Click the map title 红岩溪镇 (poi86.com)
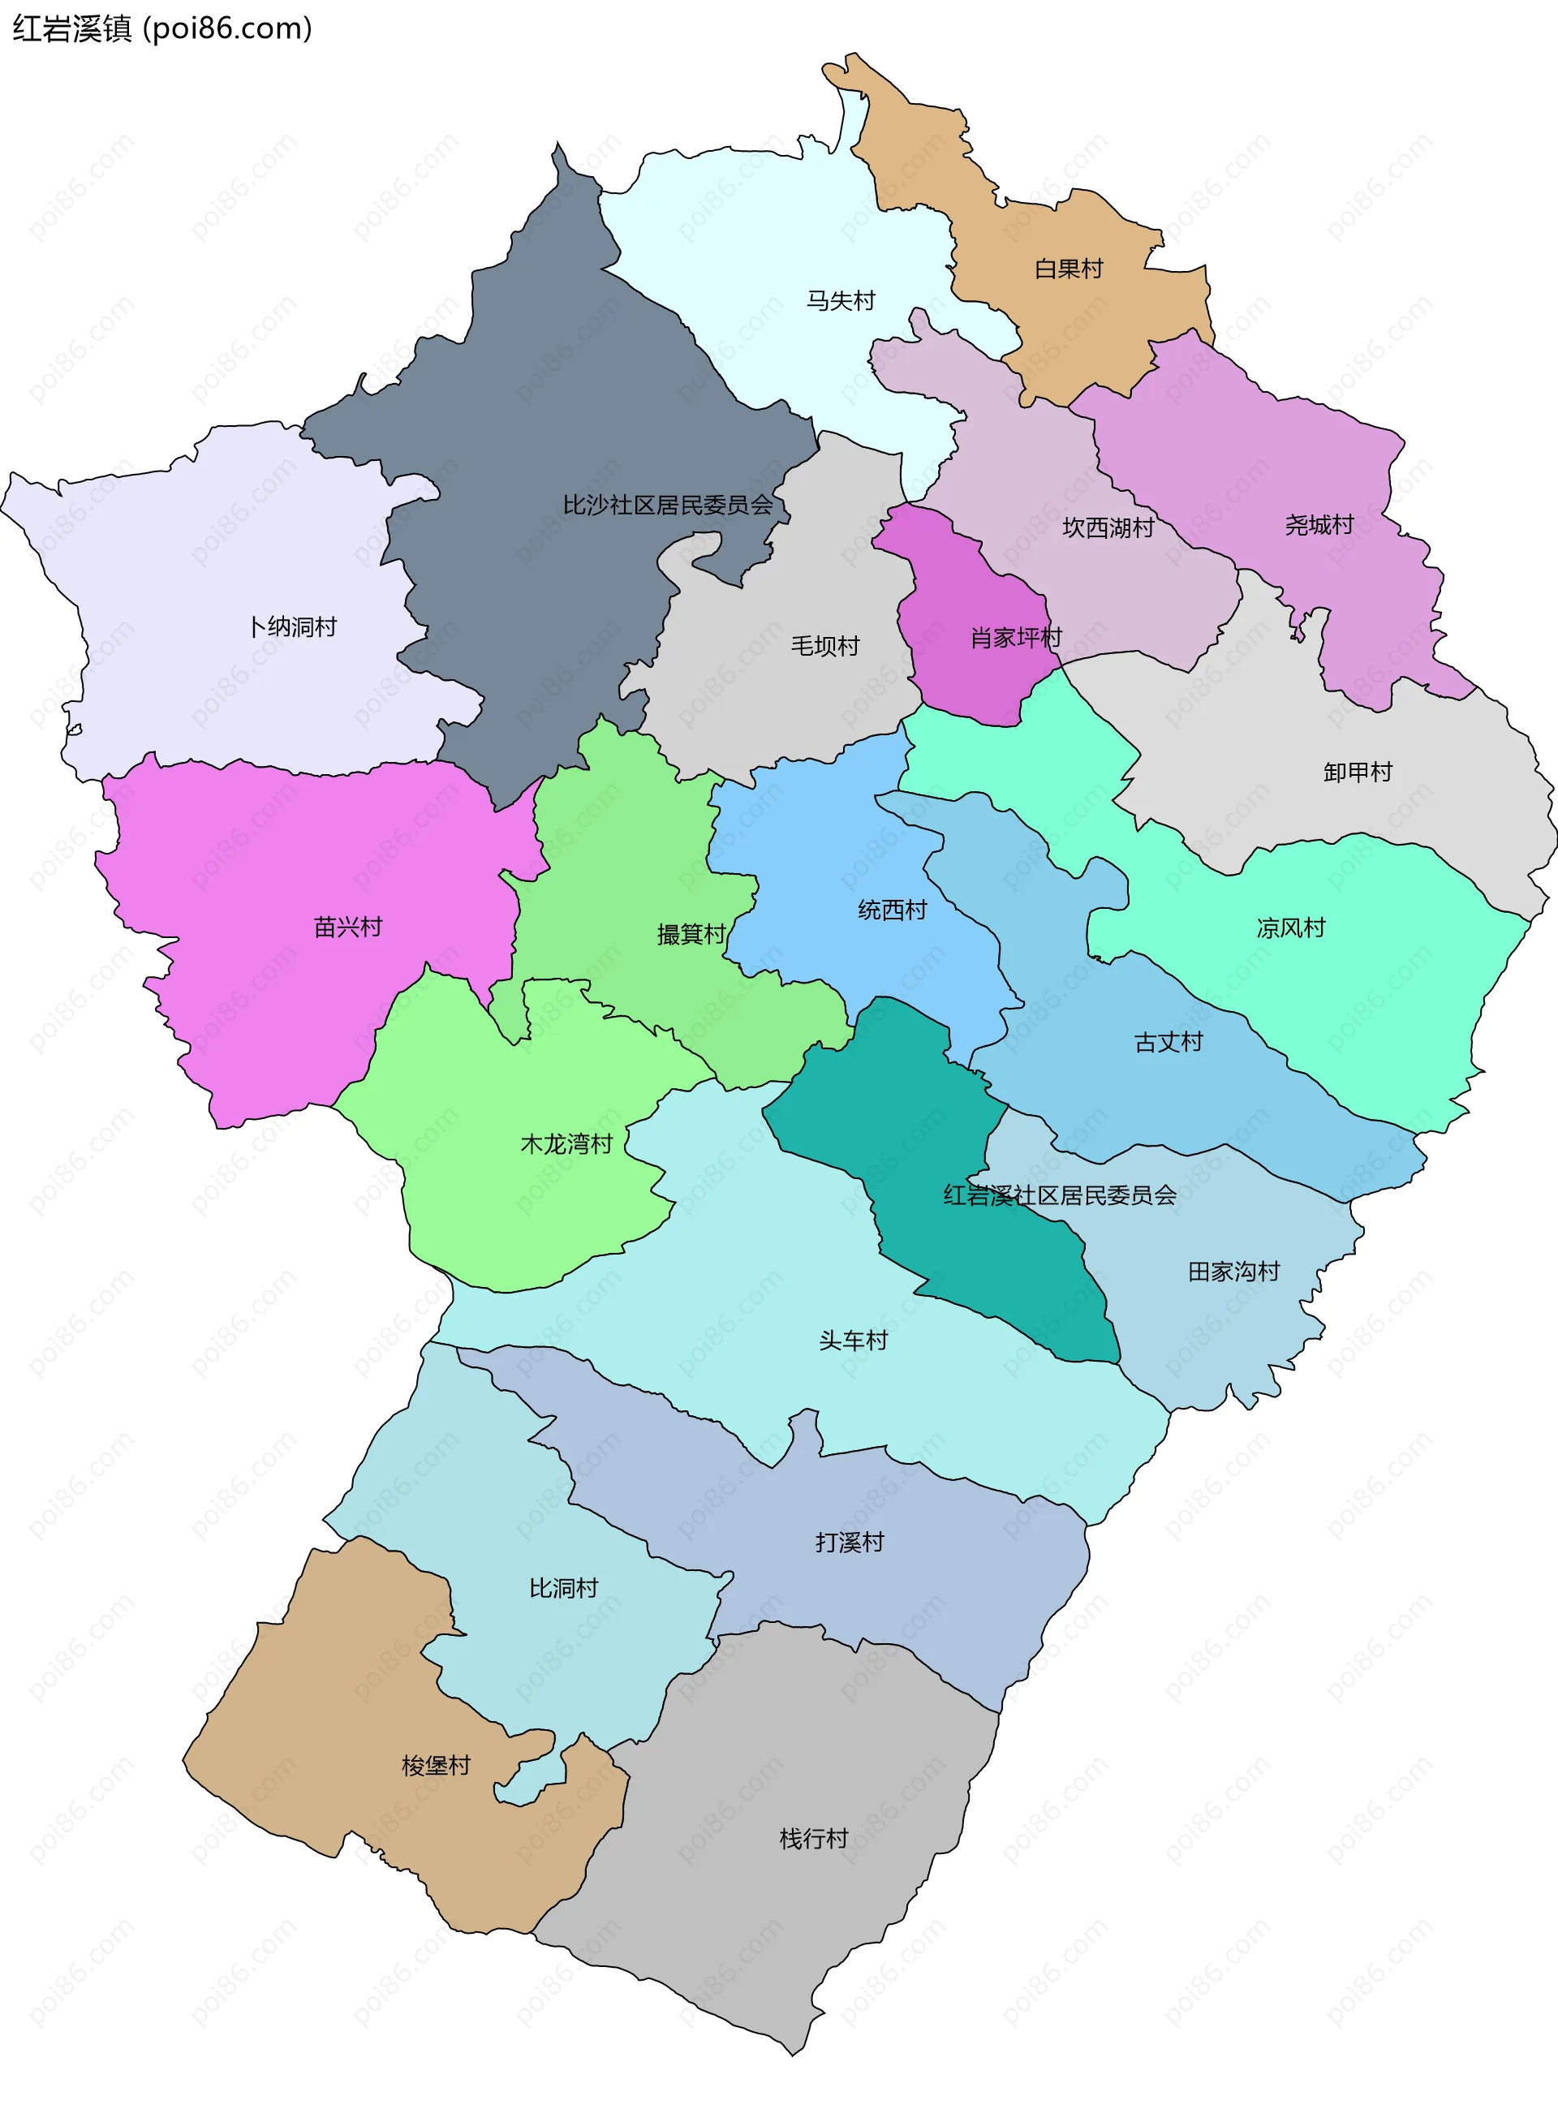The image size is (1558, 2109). [x=161, y=28]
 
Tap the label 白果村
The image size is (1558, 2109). [x=1069, y=269]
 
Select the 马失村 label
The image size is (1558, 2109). [x=841, y=301]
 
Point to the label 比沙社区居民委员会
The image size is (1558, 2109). [x=668, y=506]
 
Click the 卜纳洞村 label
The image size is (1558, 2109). [x=292, y=627]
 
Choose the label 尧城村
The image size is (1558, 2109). [x=1319, y=525]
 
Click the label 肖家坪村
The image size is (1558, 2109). [x=1016, y=639]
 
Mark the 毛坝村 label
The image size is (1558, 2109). [x=825, y=646]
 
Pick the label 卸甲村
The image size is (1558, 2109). [x=1357, y=773]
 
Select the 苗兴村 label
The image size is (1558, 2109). [x=348, y=928]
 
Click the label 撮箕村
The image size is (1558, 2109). [x=691, y=935]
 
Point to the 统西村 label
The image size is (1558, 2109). [x=892, y=910]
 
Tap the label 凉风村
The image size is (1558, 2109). [x=1290, y=928]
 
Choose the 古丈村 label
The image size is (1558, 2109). [x=1168, y=1042]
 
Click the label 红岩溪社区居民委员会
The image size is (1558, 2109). [x=1060, y=1196]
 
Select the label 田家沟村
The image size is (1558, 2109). [x=1233, y=1272]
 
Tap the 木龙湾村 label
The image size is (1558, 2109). [x=566, y=1144]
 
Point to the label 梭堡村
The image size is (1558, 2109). [x=436, y=1766]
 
